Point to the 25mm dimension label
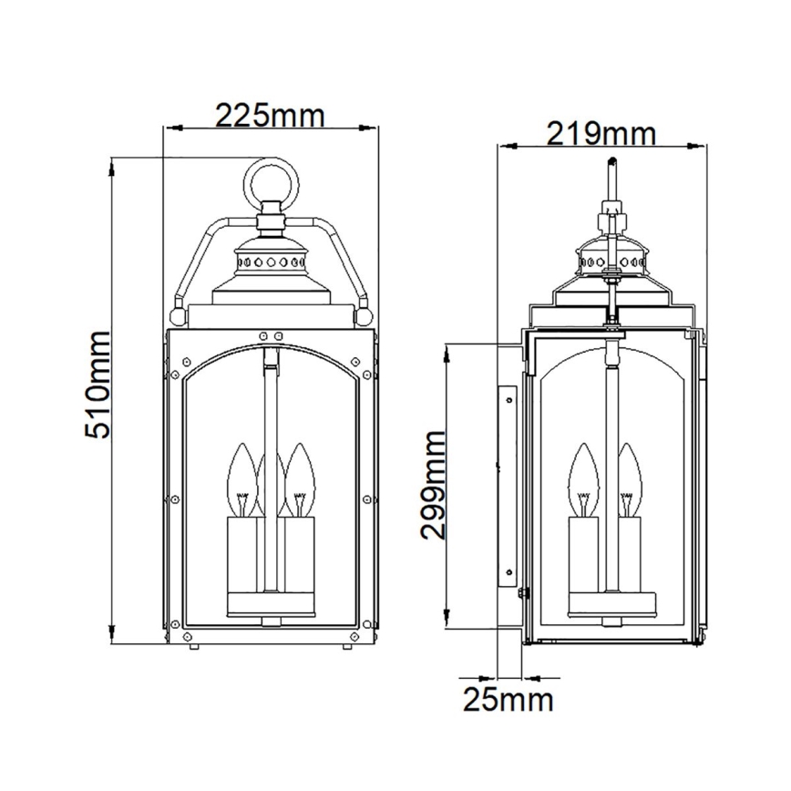508,700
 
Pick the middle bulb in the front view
270,474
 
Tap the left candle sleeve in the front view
242,556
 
